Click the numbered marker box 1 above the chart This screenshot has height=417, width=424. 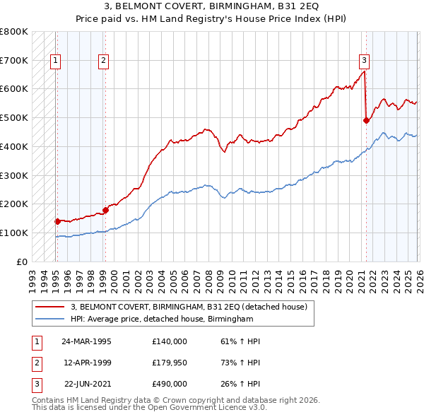click(x=55, y=61)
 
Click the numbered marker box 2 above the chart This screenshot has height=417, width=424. click(x=103, y=61)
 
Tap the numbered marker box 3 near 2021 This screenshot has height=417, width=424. click(x=364, y=61)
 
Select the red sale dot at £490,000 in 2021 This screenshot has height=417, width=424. click(x=366, y=120)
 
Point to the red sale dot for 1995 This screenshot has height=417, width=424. click(x=57, y=221)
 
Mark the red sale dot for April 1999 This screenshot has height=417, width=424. click(x=105, y=209)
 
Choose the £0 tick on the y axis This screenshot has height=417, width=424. click(x=22, y=262)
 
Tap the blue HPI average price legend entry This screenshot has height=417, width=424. click(x=162, y=319)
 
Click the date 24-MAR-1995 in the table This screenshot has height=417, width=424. click(x=87, y=341)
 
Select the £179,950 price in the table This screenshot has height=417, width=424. click(x=170, y=363)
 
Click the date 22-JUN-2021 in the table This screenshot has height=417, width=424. click(x=87, y=384)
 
